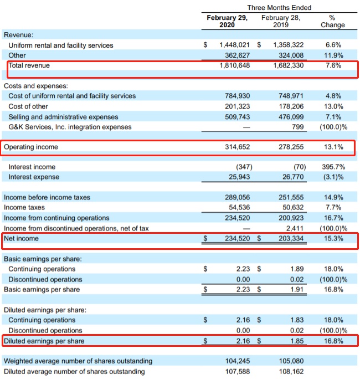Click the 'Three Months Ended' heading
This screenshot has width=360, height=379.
[279, 8]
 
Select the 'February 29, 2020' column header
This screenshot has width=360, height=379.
[227, 21]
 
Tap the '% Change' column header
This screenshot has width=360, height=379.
[332, 21]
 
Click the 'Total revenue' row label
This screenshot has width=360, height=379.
[29, 66]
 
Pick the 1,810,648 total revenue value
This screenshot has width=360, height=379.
[235, 66]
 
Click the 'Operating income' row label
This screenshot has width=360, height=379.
[31, 147]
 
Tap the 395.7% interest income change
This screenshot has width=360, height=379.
[332, 167]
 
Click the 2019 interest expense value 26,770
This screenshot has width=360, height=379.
[290, 177]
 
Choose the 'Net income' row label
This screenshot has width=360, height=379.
[22, 238]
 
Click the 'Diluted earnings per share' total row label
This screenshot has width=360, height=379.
[44, 341]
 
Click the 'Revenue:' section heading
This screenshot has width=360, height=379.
[18, 35]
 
